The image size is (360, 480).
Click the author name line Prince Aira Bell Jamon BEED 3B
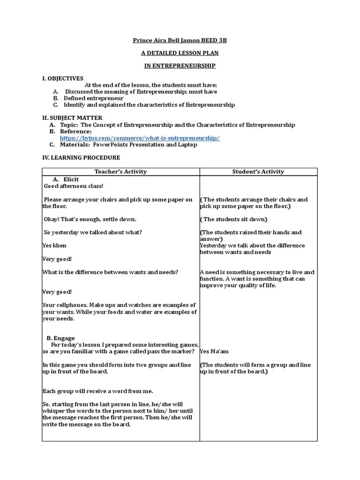click(180, 41)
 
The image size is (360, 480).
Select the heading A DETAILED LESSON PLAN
click(180, 53)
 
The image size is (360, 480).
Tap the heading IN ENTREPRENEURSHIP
click(180, 66)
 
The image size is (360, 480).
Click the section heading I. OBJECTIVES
click(63, 78)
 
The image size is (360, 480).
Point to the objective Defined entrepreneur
click(94, 98)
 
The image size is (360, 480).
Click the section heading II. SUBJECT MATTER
click(72, 118)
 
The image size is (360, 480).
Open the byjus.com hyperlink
click(140, 138)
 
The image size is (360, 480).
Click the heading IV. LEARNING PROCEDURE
click(81, 157)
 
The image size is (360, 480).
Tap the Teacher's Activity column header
click(120, 172)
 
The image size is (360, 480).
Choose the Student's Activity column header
click(258, 172)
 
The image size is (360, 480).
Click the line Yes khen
click(55, 246)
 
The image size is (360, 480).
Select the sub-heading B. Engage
click(61, 338)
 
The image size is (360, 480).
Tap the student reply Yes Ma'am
click(215, 351)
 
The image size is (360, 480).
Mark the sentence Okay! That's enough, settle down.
click(90, 219)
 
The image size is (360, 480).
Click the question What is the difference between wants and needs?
click(111, 272)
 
